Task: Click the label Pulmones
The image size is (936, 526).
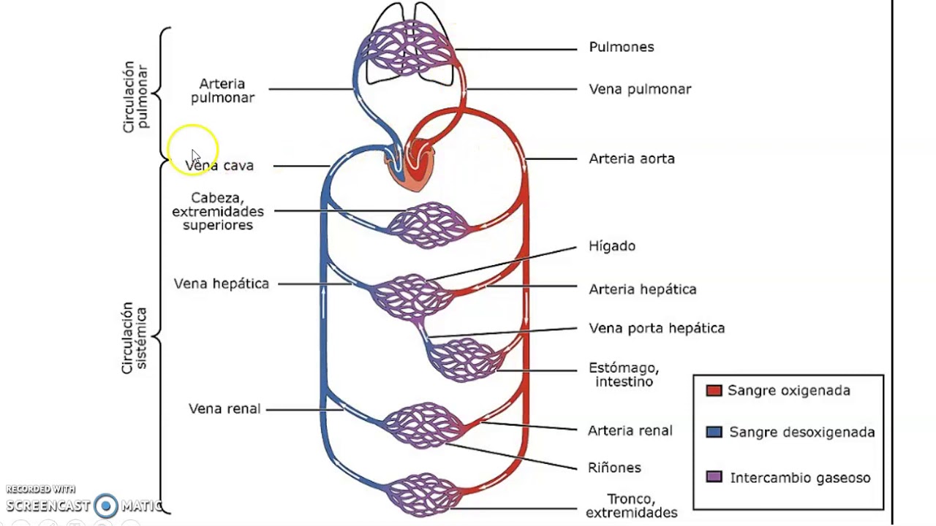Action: pyautogui.click(x=621, y=47)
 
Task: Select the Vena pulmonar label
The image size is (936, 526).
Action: pyautogui.click(x=639, y=89)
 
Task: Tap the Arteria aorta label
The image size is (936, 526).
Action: pyautogui.click(x=631, y=159)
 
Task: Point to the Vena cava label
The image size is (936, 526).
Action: pyautogui.click(x=219, y=166)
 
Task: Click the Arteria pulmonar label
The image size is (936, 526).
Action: pyautogui.click(x=222, y=91)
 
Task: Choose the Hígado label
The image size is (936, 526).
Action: pyautogui.click(x=611, y=246)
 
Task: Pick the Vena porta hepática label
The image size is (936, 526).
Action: pyautogui.click(x=656, y=328)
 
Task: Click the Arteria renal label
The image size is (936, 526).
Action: pyautogui.click(x=630, y=431)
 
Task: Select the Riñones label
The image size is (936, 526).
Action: pyautogui.click(x=614, y=468)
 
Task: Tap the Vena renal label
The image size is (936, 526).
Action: pyautogui.click(x=224, y=409)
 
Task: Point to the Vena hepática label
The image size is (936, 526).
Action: pyautogui.click(x=221, y=283)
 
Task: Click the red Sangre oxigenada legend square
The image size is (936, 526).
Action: pyautogui.click(x=714, y=391)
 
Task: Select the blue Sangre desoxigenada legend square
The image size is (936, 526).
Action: pyautogui.click(x=714, y=432)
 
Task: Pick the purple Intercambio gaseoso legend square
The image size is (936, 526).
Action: pyautogui.click(x=714, y=478)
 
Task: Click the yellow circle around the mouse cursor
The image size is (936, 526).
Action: pyautogui.click(x=192, y=149)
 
